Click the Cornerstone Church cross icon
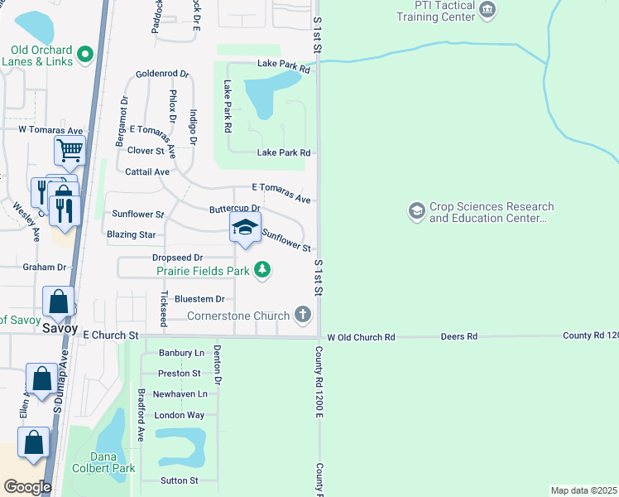click(x=304, y=315)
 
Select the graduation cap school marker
click(x=245, y=228)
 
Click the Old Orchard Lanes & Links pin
click(x=84, y=55)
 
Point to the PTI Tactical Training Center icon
click(x=487, y=10)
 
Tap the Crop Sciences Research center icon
click(x=416, y=212)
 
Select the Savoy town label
click(x=60, y=328)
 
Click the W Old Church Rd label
click(x=362, y=337)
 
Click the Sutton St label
click(x=179, y=480)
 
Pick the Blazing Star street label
click(x=132, y=234)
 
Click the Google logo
click(x=27, y=487)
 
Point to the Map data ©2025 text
click(x=583, y=490)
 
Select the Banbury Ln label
click(x=180, y=353)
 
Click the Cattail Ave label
click(x=147, y=171)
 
